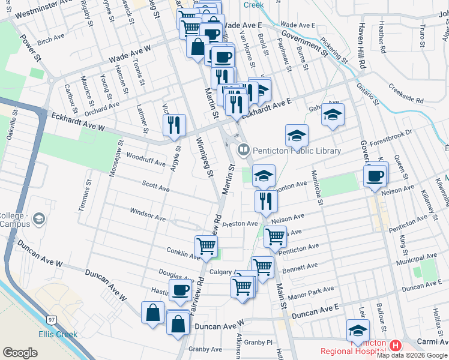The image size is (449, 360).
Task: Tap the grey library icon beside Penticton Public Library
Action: point(243,149)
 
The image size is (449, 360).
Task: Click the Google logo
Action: point(20,353)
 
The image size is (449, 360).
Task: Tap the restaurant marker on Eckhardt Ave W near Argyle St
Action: point(175,125)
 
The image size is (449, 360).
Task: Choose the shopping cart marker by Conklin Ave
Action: point(206,246)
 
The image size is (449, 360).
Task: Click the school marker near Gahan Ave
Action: point(333,115)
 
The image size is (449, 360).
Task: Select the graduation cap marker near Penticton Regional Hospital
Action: point(358,331)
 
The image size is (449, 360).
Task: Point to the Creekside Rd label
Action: point(406,92)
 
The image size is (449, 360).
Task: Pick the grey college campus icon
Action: point(40,218)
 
